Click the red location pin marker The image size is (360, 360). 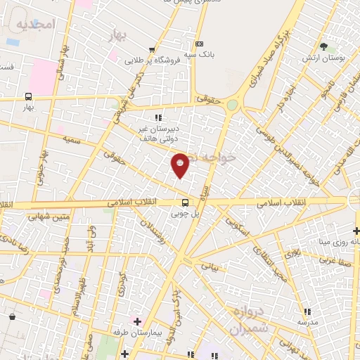[x=181, y=166]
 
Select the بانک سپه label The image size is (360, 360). [x=201, y=53]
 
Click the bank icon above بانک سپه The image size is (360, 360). [x=200, y=43]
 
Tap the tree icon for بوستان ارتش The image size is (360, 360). [x=323, y=47]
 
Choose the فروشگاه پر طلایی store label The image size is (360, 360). [x=150, y=60]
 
